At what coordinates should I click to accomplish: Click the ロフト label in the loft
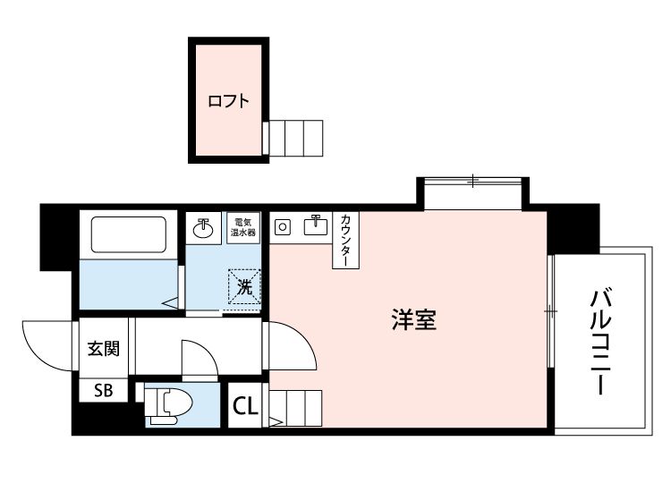pos(228,101)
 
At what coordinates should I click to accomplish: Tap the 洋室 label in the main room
pos(413,320)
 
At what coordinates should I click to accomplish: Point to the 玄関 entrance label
pos(103,349)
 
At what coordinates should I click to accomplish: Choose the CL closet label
pos(246,406)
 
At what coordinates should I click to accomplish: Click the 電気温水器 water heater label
pos(243,226)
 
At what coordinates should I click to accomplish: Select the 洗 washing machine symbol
pos(243,287)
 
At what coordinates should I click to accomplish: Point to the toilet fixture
pos(167,405)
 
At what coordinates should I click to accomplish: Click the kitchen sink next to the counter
pos(316,225)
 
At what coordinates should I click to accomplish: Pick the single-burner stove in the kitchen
pos(284,226)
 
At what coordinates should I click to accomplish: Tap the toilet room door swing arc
pos(200,358)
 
